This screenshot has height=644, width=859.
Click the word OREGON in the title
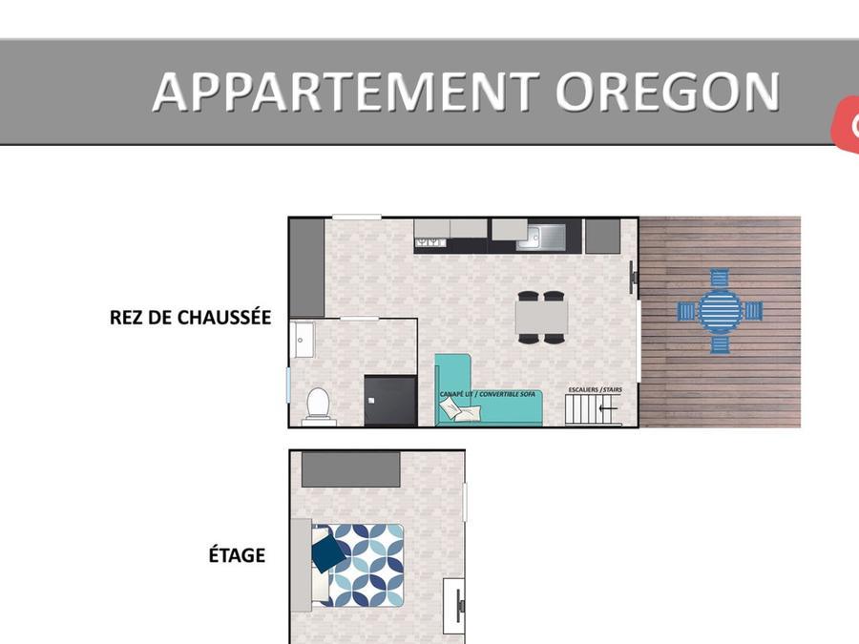[668, 92]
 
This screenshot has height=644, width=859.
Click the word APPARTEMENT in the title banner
[346, 92]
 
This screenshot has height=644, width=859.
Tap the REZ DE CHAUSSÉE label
[190, 318]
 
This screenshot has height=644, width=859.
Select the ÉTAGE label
[237, 554]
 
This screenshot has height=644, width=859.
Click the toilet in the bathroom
[318, 405]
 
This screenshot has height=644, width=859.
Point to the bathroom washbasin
[302, 340]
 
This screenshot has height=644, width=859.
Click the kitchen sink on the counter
[541, 236]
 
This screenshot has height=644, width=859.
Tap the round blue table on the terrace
[720, 311]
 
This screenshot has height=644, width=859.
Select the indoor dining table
[541, 317]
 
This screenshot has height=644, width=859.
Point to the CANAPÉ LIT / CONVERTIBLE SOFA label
[487, 394]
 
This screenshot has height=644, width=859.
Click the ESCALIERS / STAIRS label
[595, 390]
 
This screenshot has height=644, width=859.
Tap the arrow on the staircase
[608, 408]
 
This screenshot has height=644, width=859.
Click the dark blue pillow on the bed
[328, 552]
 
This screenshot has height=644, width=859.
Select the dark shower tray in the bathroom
[390, 401]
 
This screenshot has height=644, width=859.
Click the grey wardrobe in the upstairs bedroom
[350, 468]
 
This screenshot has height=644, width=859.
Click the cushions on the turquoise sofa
[460, 409]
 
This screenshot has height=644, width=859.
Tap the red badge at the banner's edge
[847, 124]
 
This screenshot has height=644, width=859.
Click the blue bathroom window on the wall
[288, 384]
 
